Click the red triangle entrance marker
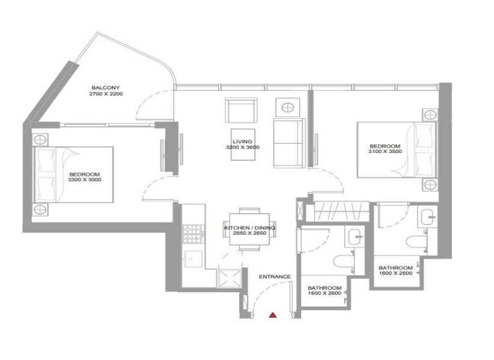pos(273,315)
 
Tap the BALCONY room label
pos(105,87)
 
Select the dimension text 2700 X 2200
pos(105,94)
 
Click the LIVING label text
pos(242,141)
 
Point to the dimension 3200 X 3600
pos(242,148)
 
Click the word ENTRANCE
pos(275,277)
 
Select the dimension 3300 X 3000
pos(85,181)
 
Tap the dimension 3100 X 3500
pos(385,153)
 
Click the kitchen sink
pos(191,258)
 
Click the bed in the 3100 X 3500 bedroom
pos(399,150)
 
